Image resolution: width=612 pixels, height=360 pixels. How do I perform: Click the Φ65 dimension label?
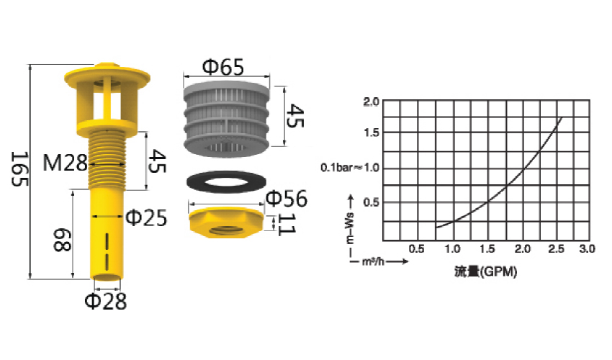(x=223, y=67)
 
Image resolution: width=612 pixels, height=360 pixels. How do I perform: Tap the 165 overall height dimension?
(x=19, y=169)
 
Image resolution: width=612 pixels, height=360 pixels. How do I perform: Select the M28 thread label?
(x=65, y=163)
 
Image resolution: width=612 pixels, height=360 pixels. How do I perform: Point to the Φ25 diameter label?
(x=146, y=217)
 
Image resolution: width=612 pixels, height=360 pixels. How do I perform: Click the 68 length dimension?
(x=62, y=240)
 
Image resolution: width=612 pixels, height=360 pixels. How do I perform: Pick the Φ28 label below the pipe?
(x=106, y=301)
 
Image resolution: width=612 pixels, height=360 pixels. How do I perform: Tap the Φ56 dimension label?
(x=287, y=198)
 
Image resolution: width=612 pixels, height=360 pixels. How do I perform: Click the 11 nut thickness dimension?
(x=286, y=225)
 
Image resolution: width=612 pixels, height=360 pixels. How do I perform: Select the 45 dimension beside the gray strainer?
(x=294, y=116)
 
